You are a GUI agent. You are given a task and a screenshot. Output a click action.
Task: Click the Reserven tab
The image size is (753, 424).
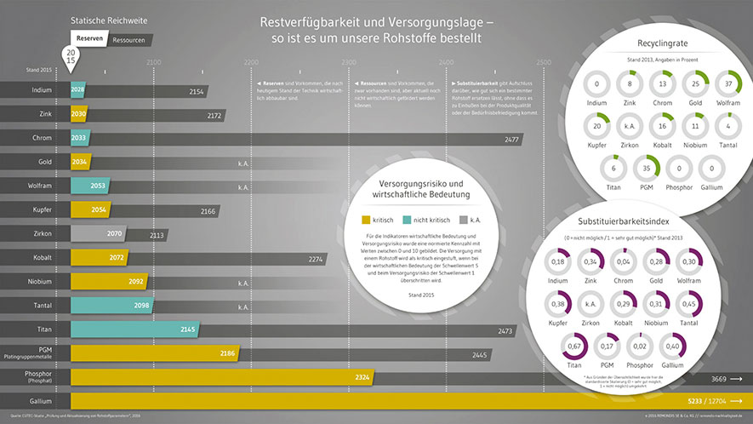click(x=90, y=39)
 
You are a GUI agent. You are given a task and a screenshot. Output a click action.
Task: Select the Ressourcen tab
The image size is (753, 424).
click(x=128, y=39)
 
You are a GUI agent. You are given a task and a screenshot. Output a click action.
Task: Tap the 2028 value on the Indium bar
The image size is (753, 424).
click(x=77, y=90)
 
